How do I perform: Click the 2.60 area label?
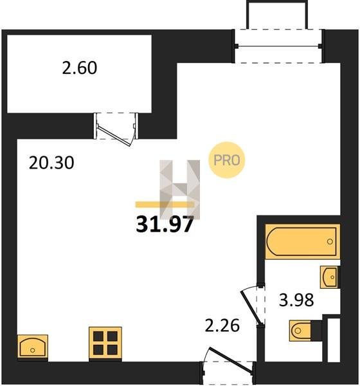(80, 68)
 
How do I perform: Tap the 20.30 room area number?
(51, 163)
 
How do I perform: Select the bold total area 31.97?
(165, 224)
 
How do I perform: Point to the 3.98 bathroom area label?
(296, 300)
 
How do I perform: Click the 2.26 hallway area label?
(222, 325)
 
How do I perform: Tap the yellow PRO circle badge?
(227, 160)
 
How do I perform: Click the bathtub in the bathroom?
(302, 241)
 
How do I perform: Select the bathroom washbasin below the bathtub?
(329, 277)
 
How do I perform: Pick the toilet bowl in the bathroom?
(300, 331)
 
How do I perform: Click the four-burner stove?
(105, 343)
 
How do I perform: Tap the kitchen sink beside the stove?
(33, 347)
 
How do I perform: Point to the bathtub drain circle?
(330, 241)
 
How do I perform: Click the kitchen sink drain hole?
(33, 350)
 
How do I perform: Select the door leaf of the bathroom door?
(251, 307)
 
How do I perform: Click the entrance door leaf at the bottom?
(231, 360)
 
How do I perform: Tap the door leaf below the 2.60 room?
(114, 136)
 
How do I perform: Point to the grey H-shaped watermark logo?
(180, 189)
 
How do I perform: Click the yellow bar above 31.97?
(165, 205)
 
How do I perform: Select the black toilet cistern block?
(317, 331)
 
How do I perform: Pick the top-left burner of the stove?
(98, 336)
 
